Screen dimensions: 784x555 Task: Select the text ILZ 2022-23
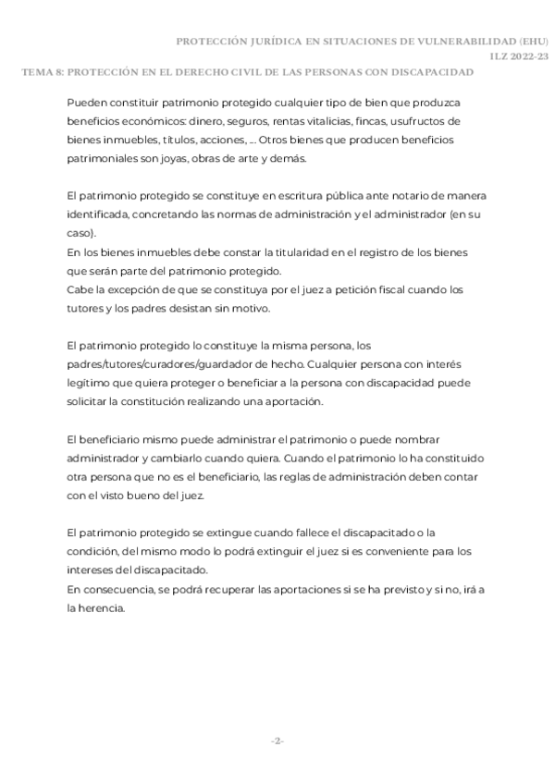click(522, 57)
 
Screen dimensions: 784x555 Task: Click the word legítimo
click(90, 386)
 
